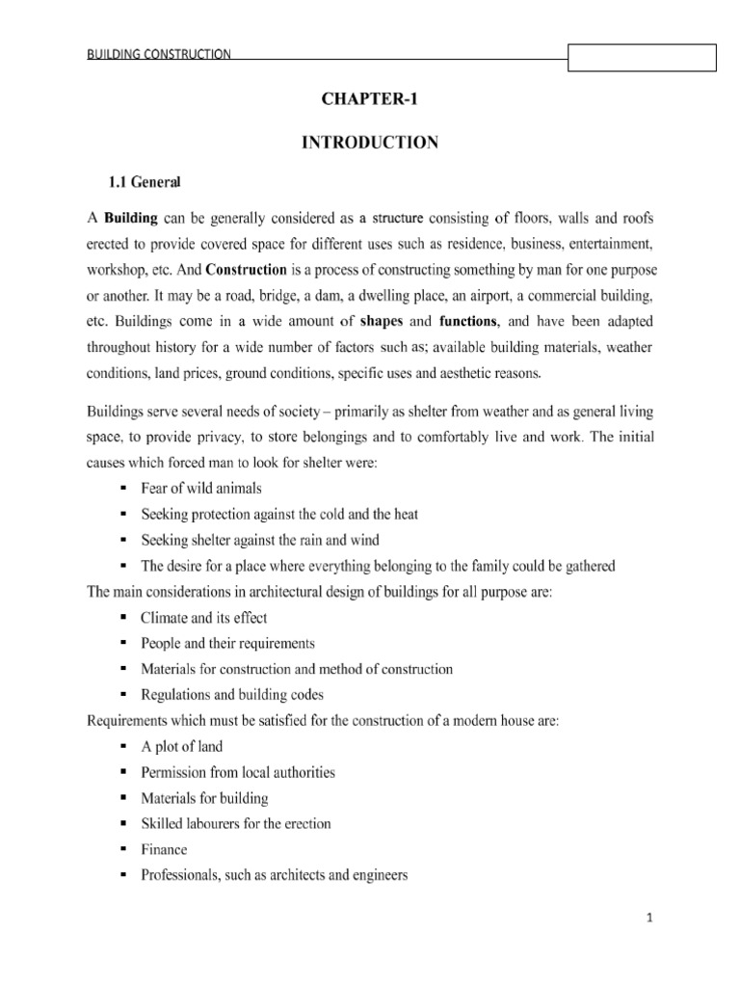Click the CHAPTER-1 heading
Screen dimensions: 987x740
(x=370, y=98)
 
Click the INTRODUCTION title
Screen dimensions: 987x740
(x=370, y=143)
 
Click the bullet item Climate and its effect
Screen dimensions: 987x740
(x=203, y=617)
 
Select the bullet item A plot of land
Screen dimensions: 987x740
(x=181, y=746)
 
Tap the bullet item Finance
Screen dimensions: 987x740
(x=164, y=849)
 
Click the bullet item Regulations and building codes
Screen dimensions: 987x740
(x=231, y=694)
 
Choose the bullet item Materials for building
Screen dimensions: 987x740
(x=204, y=797)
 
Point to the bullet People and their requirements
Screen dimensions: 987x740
(x=227, y=643)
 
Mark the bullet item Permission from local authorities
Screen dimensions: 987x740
(x=237, y=772)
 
